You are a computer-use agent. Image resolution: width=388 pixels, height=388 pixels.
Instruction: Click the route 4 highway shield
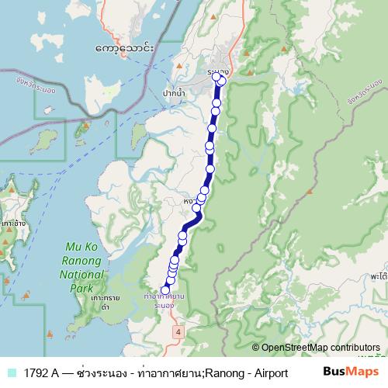tap(178, 331)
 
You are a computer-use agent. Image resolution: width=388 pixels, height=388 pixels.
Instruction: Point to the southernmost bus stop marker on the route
tap(165, 290)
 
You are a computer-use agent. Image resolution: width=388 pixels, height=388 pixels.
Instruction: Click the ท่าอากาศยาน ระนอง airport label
tap(163, 301)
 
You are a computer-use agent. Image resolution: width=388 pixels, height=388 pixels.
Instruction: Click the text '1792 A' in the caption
tap(43, 372)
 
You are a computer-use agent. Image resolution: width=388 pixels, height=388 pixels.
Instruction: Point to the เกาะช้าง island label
tap(11, 222)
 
